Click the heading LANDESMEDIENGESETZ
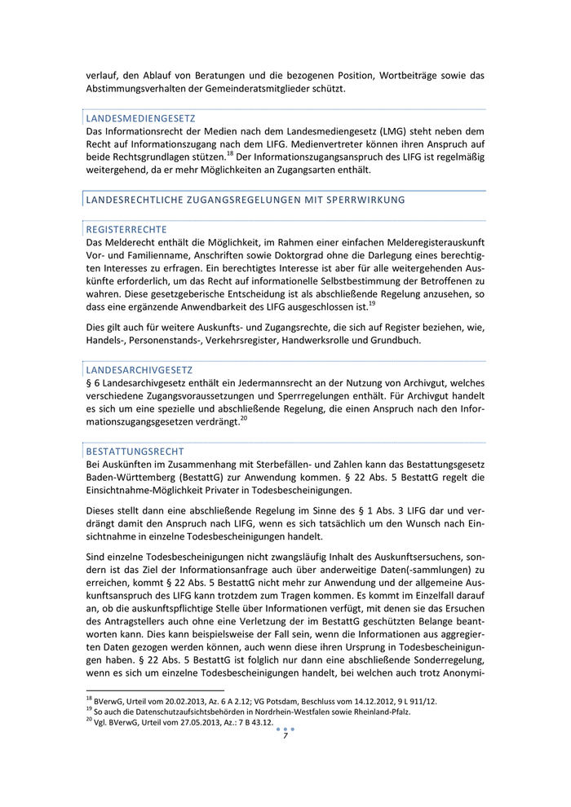pos(140,118)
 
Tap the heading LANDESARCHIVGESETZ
pos(139,369)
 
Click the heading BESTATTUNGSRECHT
pos(135,451)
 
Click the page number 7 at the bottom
pos(285,736)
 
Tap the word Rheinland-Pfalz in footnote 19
pos(383,712)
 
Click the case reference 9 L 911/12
pos(415,700)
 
